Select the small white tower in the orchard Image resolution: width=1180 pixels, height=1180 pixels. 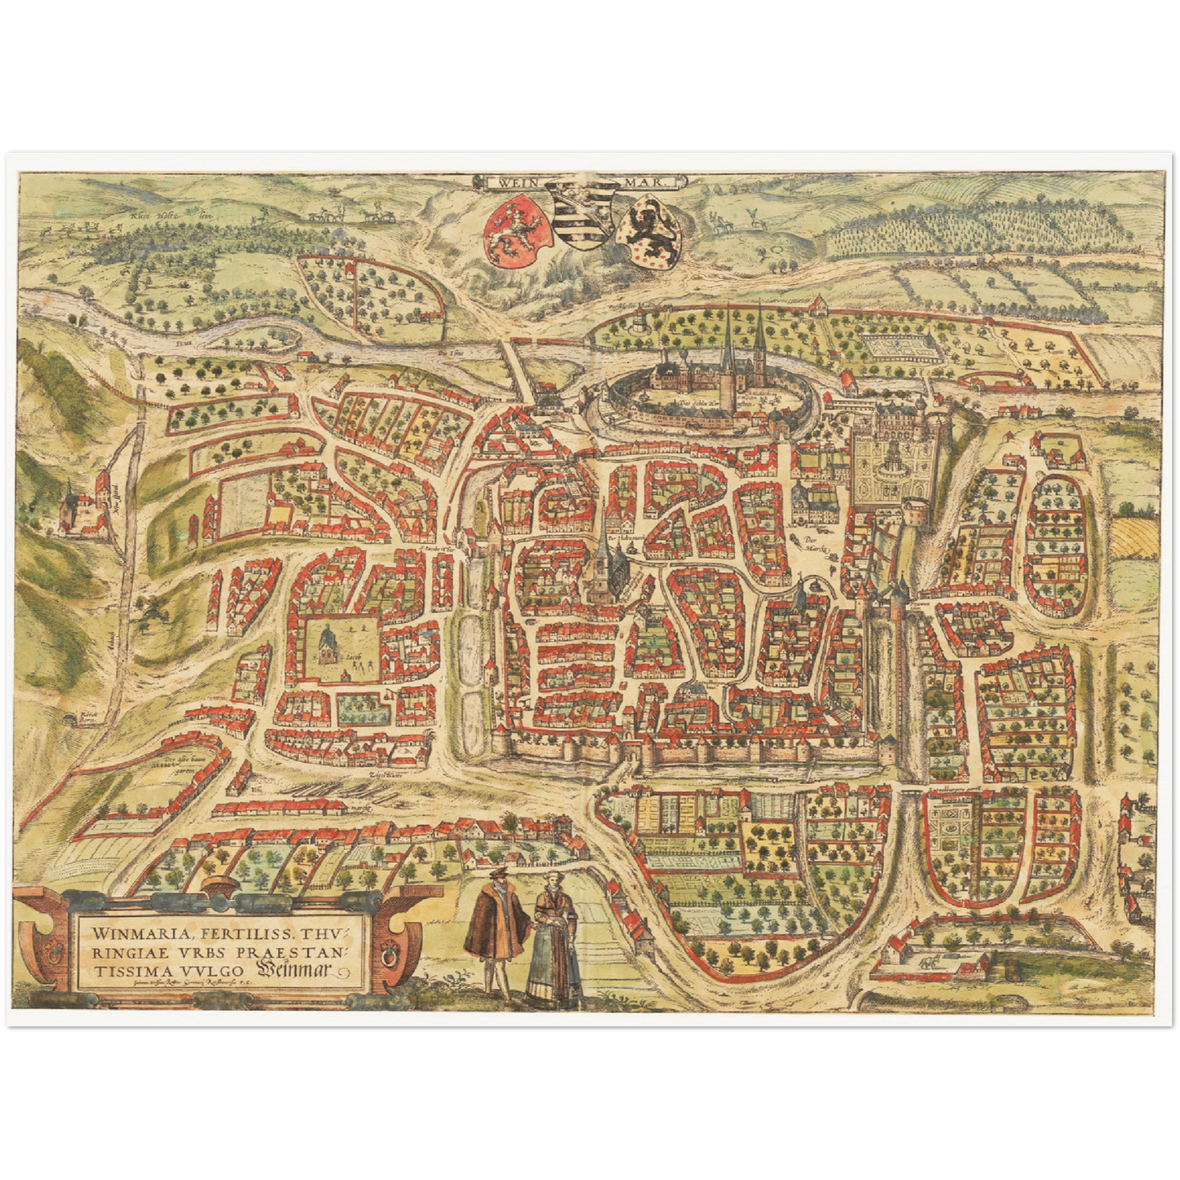636,321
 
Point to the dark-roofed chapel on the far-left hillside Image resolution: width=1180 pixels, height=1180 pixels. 69,506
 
